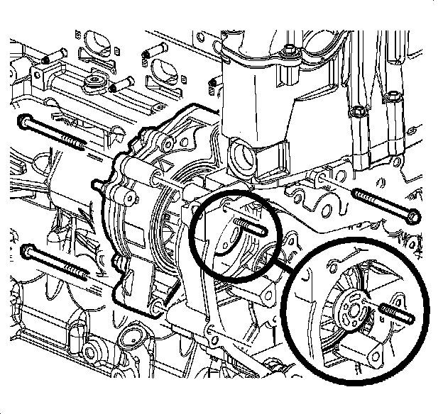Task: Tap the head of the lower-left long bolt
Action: click(28, 250)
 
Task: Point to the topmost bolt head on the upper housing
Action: click(290, 50)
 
